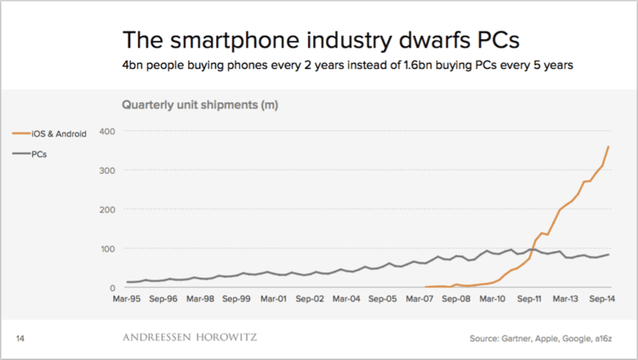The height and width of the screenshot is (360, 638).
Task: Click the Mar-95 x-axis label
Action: click(x=127, y=300)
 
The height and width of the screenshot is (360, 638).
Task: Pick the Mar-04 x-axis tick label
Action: click(x=349, y=300)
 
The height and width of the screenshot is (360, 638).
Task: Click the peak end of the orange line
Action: click(x=608, y=146)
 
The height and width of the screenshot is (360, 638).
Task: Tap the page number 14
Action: click(x=21, y=339)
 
